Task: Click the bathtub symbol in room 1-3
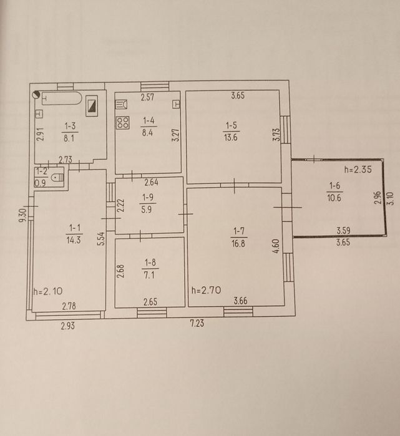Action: (x=62, y=98)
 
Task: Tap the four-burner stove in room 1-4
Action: (x=123, y=123)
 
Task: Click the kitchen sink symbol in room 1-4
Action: (x=121, y=105)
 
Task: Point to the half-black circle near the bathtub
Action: (x=36, y=95)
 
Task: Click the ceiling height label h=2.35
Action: (x=358, y=169)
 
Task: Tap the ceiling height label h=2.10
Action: (x=48, y=291)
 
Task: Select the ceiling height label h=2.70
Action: (x=206, y=290)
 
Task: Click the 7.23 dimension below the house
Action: (x=197, y=323)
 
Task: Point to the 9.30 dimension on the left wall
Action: (x=22, y=215)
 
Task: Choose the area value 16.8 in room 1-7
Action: (x=238, y=243)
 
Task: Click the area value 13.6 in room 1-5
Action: (x=231, y=137)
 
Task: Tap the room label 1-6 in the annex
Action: (x=334, y=185)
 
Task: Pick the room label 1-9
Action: (x=148, y=197)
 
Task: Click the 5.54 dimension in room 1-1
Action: (x=102, y=238)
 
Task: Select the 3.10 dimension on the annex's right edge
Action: (x=391, y=198)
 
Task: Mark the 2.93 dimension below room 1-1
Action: (x=68, y=326)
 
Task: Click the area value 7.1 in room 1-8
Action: (x=149, y=275)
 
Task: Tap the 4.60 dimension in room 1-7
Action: (x=276, y=246)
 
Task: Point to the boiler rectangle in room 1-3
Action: (x=92, y=106)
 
